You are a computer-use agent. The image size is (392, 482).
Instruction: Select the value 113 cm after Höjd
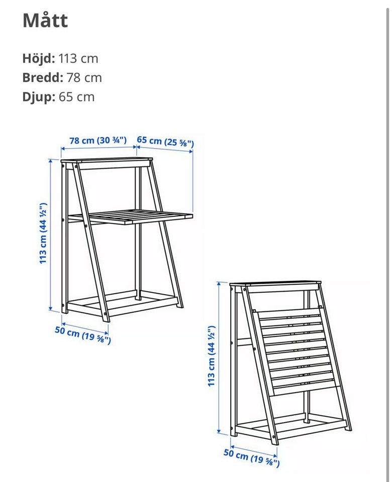point(78,58)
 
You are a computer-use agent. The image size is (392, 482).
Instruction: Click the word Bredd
point(42,77)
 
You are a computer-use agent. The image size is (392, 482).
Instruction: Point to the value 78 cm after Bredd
point(84,78)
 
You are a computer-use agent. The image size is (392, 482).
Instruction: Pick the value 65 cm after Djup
point(76,97)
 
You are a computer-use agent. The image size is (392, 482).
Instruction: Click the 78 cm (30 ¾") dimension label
point(98,141)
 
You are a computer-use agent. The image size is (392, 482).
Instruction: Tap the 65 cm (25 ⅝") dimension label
point(165,142)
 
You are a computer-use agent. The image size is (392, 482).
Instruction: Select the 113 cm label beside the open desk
point(43,232)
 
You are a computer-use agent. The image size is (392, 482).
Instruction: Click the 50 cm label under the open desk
point(82,335)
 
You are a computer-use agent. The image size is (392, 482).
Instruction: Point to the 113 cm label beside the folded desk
point(211,355)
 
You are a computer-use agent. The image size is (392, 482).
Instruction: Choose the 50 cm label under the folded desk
point(251,457)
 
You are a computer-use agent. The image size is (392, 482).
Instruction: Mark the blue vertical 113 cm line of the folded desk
point(219,357)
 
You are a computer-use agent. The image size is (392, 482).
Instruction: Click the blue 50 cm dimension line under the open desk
point(85,328)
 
